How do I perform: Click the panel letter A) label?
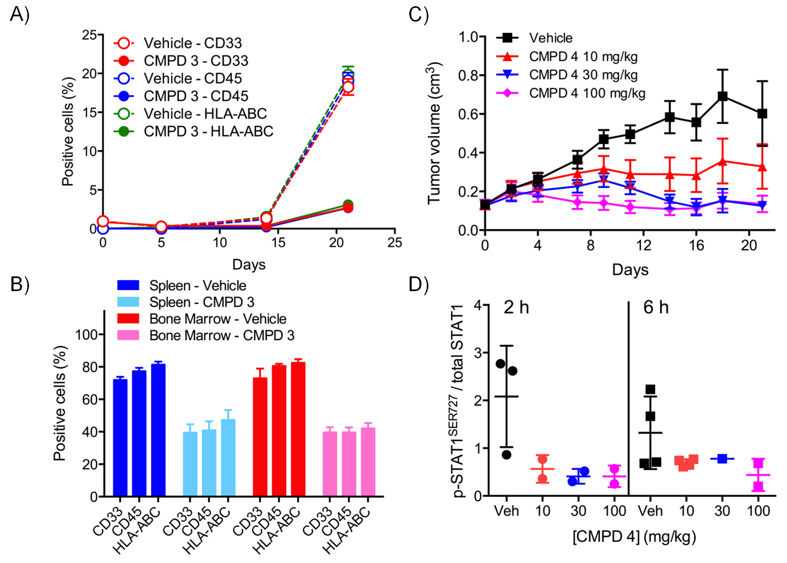(19, 15)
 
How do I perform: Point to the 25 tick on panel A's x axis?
(395, 243)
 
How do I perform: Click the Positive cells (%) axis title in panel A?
(68, 131)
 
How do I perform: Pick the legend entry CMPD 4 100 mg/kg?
(587, 93)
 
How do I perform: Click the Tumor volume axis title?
(435, 133)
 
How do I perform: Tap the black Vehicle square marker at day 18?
(722, 96)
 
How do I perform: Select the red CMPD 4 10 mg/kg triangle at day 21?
(762, 167)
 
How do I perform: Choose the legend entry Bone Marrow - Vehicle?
(217, 318)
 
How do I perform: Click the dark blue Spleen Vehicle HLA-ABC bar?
(158, 429)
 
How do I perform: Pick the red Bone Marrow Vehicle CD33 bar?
(260, 437)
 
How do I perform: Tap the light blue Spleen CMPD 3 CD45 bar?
(209, 463)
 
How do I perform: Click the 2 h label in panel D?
(516, 307)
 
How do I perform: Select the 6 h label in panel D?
(656, 307)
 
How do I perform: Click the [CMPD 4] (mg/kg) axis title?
(634, 536)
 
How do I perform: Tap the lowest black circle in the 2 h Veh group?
(506, 455)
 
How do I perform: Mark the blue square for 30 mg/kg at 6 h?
(722, 458)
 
